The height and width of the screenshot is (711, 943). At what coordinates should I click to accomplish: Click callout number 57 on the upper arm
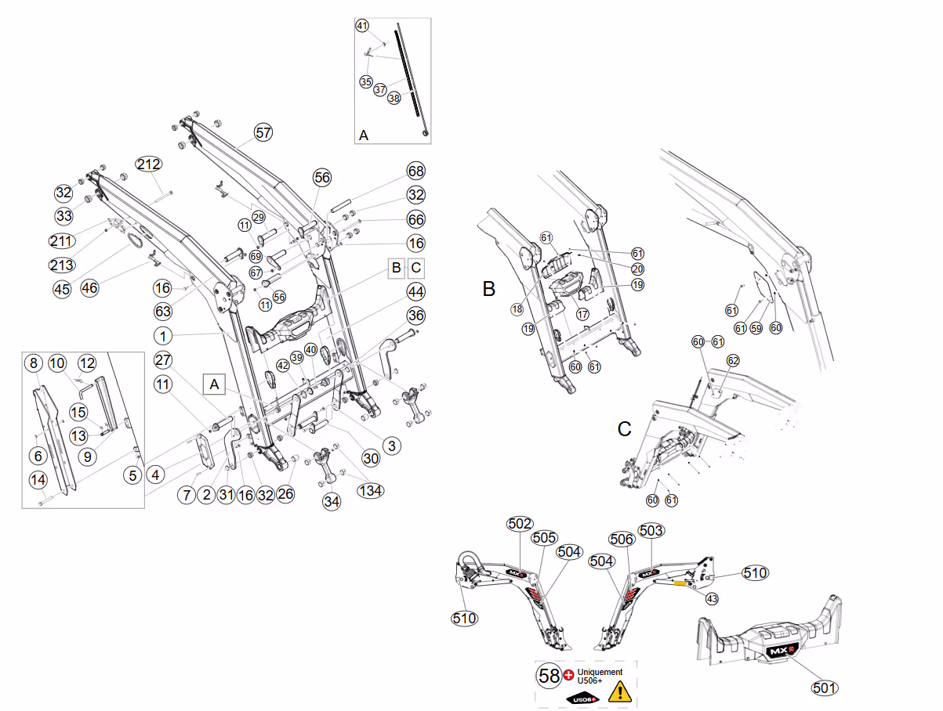[263, 132]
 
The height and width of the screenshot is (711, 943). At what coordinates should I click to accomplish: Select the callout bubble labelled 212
[149, 164]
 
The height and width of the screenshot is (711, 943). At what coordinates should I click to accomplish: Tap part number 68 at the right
[415, 171]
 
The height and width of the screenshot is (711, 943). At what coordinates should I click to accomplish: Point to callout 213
[61, 265]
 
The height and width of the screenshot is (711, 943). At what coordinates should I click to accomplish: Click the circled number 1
[162, 336]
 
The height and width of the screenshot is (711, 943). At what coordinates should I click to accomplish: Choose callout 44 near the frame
[415, 292]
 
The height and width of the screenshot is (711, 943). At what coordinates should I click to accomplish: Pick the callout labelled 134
[370, 490]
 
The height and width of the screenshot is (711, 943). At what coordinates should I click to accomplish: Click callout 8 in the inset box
[33, 363]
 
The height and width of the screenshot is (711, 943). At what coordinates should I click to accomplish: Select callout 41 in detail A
[362, 26]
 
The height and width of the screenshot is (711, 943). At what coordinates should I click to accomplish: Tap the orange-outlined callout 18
[517, 309]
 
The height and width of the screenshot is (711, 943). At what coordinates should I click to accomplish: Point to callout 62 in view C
[733, 361]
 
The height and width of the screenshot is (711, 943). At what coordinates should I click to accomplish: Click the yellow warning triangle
[618, 691]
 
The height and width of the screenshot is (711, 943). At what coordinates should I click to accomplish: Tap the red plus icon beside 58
[569, 674]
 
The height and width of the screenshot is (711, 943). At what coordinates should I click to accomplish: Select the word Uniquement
[600, 672]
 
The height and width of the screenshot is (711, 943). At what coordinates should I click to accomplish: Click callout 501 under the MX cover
[824, 688]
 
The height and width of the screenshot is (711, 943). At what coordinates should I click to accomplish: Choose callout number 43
[712, 598]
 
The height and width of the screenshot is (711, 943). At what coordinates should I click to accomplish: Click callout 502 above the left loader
[520, 524]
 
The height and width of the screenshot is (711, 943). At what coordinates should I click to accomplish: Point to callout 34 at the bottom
[332, 500]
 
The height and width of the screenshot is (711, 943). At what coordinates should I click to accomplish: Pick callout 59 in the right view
[756, 328]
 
